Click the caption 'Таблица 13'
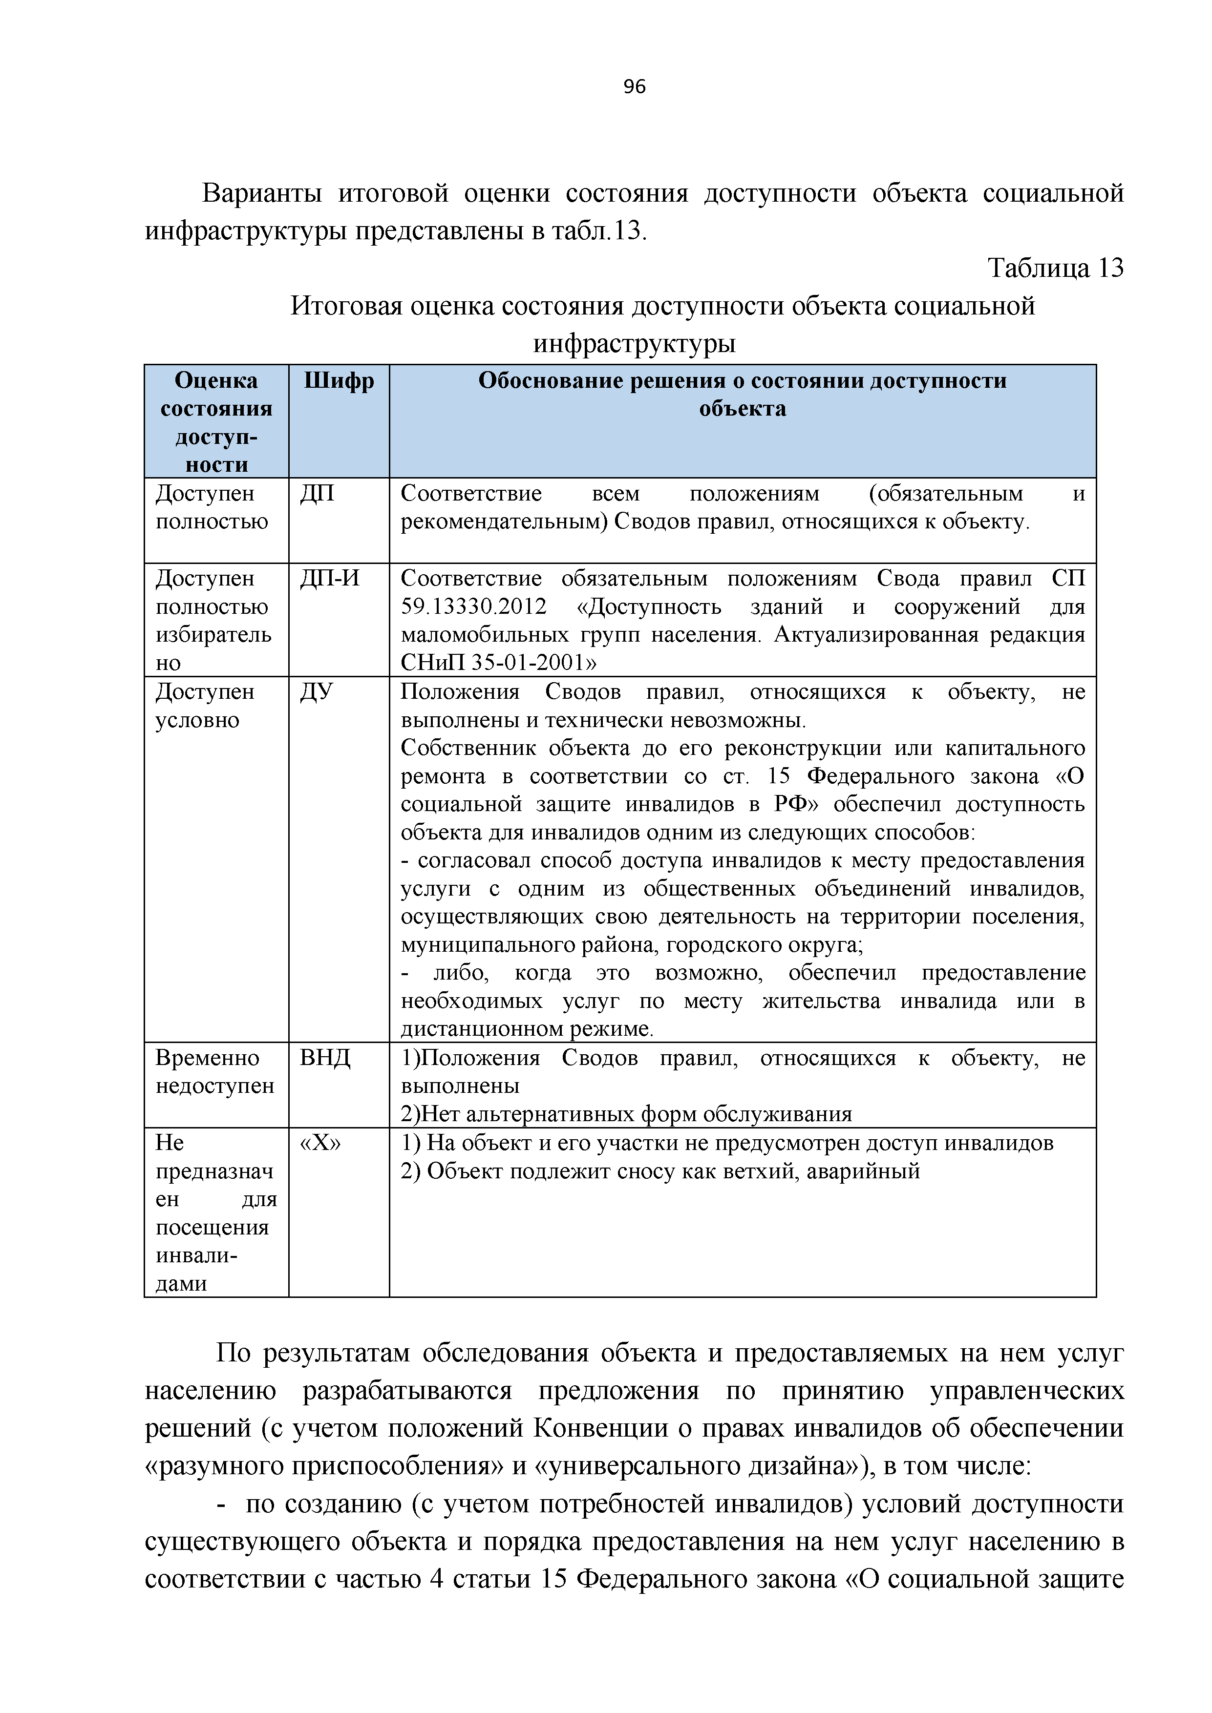tap(1055, 268)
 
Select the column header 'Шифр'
tap(339, 381)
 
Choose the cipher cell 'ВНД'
tap(325, 1058)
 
